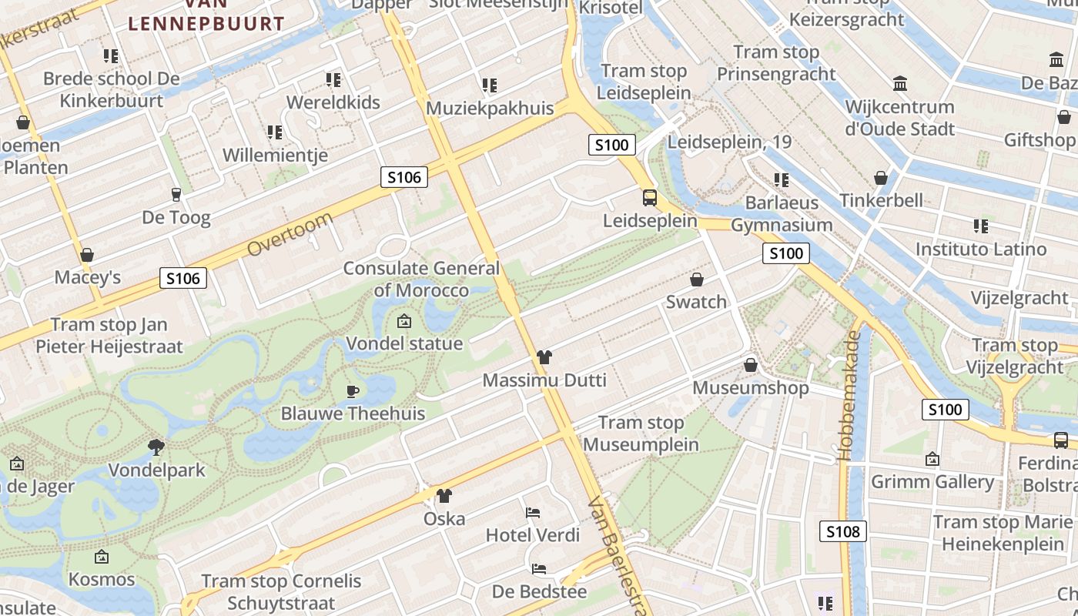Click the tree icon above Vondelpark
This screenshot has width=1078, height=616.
pyautogui.click(x=156, y=447)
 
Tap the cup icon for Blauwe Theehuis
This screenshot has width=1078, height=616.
pyautogui.click(x=353, y=390)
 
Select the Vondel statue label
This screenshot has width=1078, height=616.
pyautogui.click(x=404, y=343)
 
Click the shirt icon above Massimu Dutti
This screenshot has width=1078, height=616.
pyautogui.click(x=544, y=357)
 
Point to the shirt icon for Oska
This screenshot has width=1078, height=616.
pyautogui.click(x=444, y=496)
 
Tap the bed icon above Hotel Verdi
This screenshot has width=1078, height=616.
pyautogui.click(x=533, y=512)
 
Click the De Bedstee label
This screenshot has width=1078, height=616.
pyautogui.click(x=539, y=592)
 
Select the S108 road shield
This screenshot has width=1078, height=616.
pyautogui.click(x=842, y=531)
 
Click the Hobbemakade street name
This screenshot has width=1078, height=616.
pyautogui.click(x=852, y=396)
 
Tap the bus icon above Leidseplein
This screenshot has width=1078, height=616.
pyautogui.click(x=650, y=198)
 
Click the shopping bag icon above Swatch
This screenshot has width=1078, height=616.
pyautogui.click(x=697, y=280)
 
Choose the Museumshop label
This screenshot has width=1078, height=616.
pyautogui.click(x=751, y=387)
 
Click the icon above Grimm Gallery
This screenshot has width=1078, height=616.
pyautogui.click(x=932, y=459)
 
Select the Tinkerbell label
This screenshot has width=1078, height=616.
pyautogui.click(x=881, y=200)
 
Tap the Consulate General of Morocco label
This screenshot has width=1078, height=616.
pyautogui.click(x=421, y=280)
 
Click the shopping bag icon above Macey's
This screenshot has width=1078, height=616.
pyautogui.click(x=87, y=255)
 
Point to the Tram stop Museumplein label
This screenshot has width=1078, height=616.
pyautogui.click(x=641, y=434)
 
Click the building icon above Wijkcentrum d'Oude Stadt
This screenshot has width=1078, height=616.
pyautogui.click(x=899, y=83)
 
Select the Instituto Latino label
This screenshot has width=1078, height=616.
pyautogui.click(x=980, y=249)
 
